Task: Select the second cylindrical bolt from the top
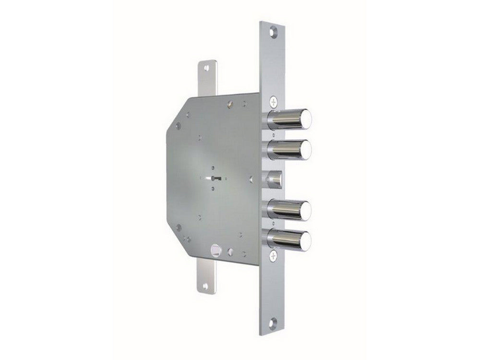(x=288, y=149)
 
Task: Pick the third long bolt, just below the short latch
(x=288, y=209)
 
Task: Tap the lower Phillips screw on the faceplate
(x=273, y=256)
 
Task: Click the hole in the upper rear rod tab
(x=206, y=68)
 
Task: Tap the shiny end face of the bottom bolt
(x=306, y=240)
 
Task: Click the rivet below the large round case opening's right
(x=230, y=251)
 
